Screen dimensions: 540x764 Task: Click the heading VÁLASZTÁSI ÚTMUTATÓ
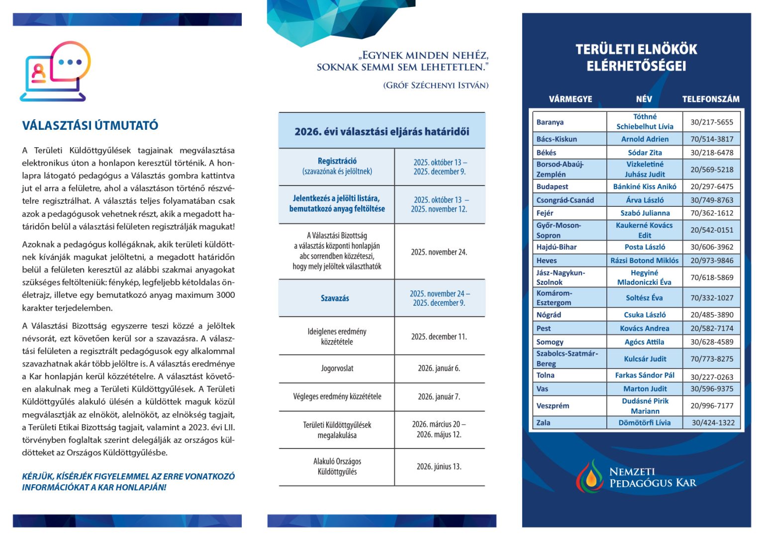click(x=90, y=125)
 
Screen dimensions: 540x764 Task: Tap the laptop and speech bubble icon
click(x=55, y=72)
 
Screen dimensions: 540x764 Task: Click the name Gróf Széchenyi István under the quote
click(x=436, y=86)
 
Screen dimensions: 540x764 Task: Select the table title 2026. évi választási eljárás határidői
click(x=382, y=132)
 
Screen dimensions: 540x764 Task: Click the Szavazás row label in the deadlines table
click(x=335, y=298)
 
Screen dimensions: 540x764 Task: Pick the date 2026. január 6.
click(x=439, y=368)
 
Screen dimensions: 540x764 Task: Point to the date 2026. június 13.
click(x=439, y=466)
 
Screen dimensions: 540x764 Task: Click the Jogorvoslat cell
click(x=337, y=368)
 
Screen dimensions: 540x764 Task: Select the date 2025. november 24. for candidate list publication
click(x=439, y=252)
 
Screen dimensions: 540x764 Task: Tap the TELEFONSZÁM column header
click(x=710, y=99)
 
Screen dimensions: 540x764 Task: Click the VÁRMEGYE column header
click(x=570, y=99)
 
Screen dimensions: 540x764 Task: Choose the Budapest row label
click(x=552, y=186)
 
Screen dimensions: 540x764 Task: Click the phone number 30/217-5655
click(x=711, y=122)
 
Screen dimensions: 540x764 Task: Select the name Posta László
click(x=645, y=247)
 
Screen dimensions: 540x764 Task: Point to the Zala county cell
click(x=543, y=423)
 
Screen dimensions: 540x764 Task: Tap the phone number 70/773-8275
click(x=711, y=359)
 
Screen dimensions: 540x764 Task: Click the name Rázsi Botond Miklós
click(x=644, y=260)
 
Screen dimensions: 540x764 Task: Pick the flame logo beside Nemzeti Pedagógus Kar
click(x=589, y=476)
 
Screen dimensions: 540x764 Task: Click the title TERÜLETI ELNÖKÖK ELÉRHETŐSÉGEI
click(x=636, y=58)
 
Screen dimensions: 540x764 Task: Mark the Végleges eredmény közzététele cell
click(x=337, y=397)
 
